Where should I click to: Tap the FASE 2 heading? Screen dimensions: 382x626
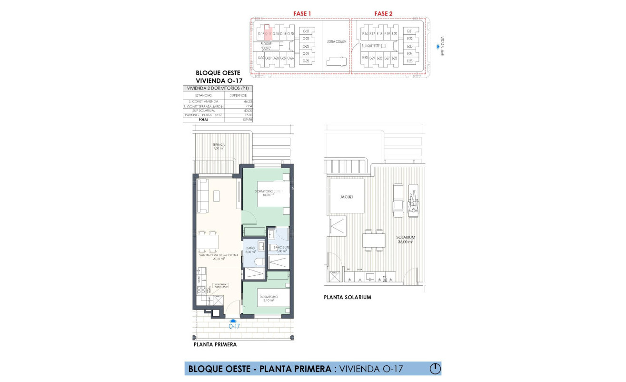point(383,13)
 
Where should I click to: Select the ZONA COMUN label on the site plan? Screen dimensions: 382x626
point(337,42)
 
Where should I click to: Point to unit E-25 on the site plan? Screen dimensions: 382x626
point(410,61)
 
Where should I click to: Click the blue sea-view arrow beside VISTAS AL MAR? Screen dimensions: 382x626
point(438,47)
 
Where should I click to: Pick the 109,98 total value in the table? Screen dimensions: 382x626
point(246,120)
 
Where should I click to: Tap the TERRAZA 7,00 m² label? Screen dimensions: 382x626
point(219,146)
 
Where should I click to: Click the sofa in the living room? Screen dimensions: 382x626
point(203,196)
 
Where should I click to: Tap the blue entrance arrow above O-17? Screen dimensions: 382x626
point(233,321)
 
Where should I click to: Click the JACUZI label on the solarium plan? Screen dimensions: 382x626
point(346,196)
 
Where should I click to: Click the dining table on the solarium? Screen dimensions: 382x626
point(374,241)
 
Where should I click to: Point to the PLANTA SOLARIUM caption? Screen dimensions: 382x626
point(347,298)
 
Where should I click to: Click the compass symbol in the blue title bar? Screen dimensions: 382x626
point(435,369)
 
